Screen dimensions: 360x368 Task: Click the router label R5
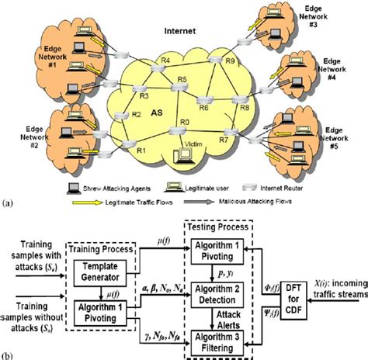[182, 80]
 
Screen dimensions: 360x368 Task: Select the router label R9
[230, 61]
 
